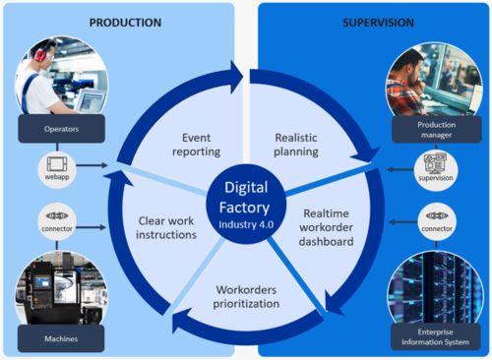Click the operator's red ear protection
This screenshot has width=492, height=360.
click(39, 52)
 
